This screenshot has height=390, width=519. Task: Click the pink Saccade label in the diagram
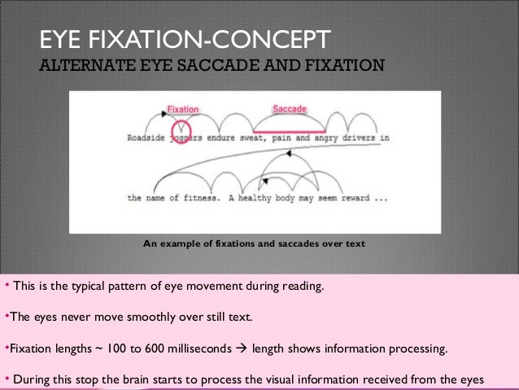click(289, 109)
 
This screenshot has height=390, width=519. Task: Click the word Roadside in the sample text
click(147, 138)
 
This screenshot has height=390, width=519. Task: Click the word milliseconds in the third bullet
click(203, 350)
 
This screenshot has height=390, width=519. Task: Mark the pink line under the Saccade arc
click(290, 130)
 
